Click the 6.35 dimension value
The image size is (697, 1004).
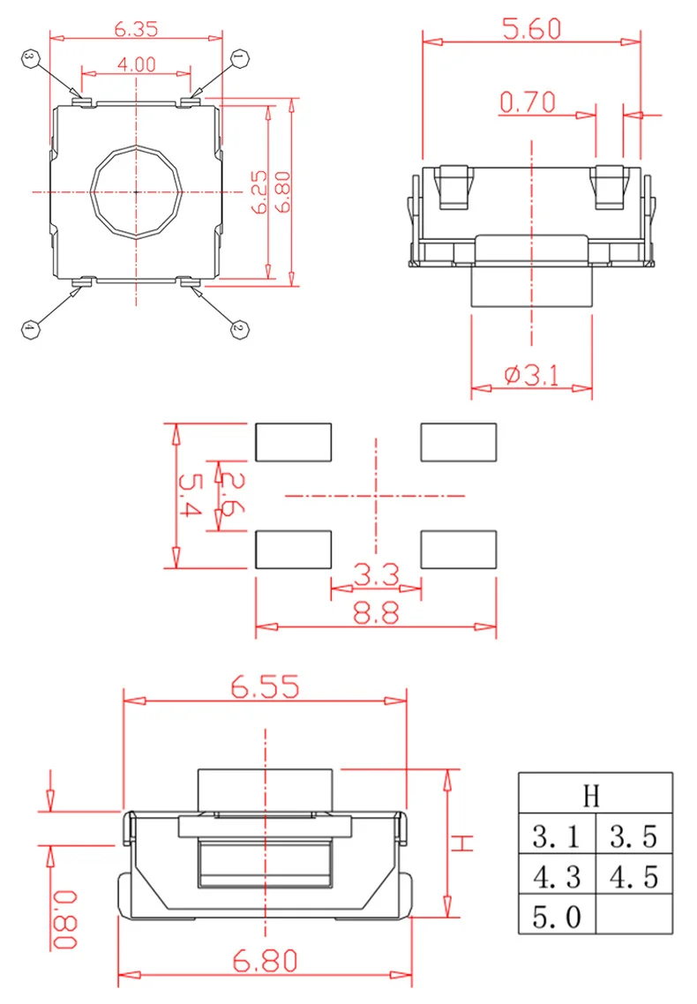pyautogui.click(x=136, y=29)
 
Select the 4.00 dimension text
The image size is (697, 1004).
pyautogui.click(x=137, y=64)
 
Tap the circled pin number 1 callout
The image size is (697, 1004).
pyautogui.click(x=239, y=57)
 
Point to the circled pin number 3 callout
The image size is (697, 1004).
pyautogui.click(x=31, y=57)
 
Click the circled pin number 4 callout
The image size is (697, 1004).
pyautogui.click(x=30, y=329)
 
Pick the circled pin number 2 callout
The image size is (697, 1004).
pyautogui.click(x=239, y=329)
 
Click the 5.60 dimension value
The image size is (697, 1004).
pyautogui.click(x=531, y=29)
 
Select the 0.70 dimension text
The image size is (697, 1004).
pyautogui.click(x=528, y=102)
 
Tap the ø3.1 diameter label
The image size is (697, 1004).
pyautogui.click(x=531, y=375)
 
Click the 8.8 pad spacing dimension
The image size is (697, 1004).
pyautogui.click(x=377, y=613)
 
